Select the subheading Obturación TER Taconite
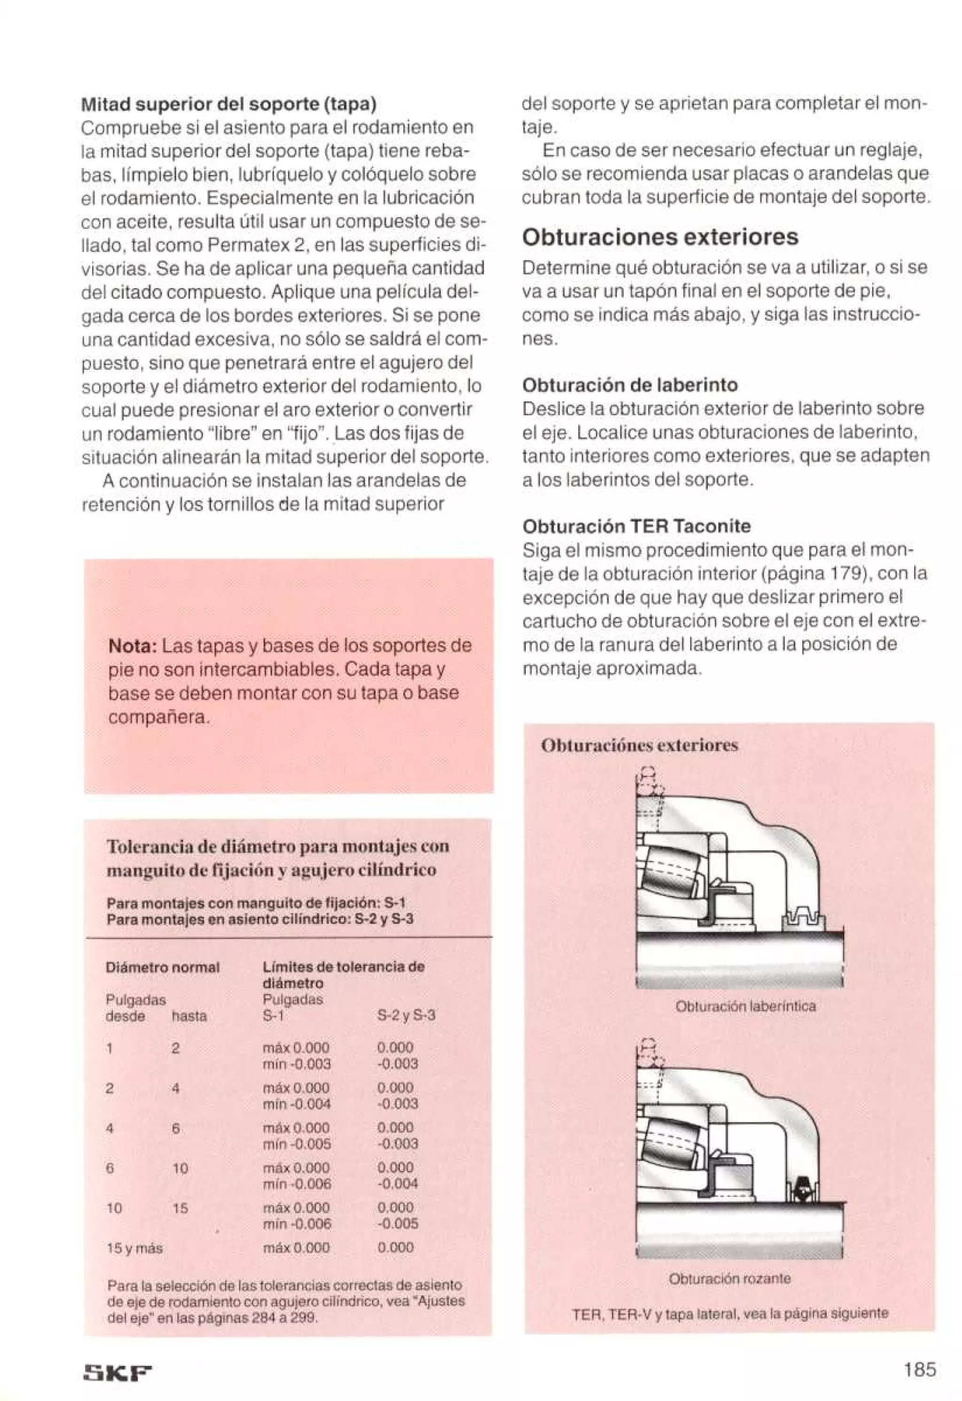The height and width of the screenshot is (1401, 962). [x=636, y=526]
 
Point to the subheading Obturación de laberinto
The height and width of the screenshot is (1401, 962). [x=629, y=385]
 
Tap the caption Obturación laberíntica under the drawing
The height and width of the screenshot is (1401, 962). [x=745, y=1006]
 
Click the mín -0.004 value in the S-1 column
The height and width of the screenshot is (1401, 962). [x=296, y=1104]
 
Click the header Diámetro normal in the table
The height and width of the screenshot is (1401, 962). [x=162, y=967]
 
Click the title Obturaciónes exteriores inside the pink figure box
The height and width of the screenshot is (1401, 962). [x=639, y=746]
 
